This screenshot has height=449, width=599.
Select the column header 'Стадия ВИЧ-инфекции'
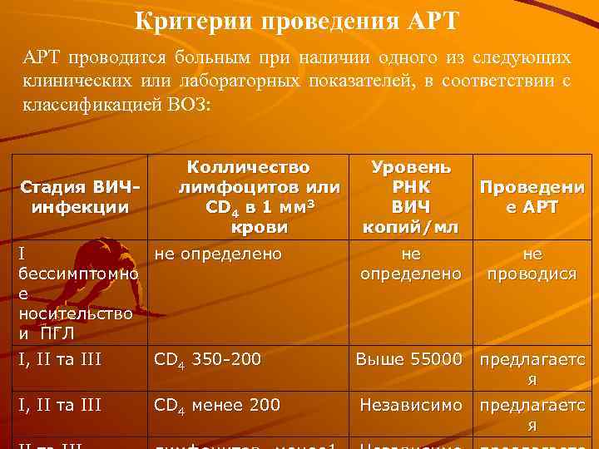pyautogui.click(x=80, y=196)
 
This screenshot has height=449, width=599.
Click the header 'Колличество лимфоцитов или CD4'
pyautogui.click(x=247, y=197)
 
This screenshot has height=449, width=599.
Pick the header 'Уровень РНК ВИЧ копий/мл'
pyautogui.click(x=411, y=197)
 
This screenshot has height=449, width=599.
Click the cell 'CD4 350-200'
pyautogui.click(x=208, y=360)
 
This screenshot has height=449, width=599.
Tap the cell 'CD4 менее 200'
pyautogui.click(x=218, y=406)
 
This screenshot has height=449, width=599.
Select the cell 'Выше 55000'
pyautogui.click(x=408, y=359)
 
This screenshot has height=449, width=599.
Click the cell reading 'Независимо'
pyautogui.click(x=411, y=405)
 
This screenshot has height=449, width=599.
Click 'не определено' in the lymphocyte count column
pyautogui.click(x=219, y=254)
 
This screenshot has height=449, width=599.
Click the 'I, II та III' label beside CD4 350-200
pyautogui.click(x=60, y=360)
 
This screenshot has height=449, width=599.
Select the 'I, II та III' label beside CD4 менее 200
pyautogui.click(x=60, y=406)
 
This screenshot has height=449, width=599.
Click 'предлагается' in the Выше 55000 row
pyautogui.click(x=532, y=368)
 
